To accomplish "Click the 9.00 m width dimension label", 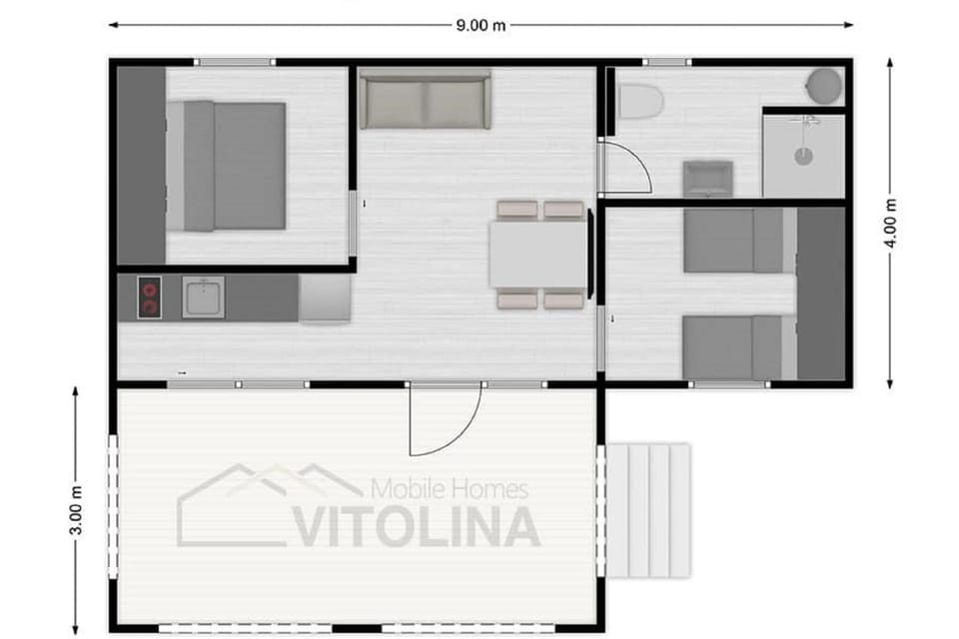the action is (480, 25).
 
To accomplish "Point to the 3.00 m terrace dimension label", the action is (75, 509).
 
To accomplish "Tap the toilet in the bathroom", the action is (640, 102).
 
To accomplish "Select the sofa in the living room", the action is (426, 99).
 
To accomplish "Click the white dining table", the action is (538, 254).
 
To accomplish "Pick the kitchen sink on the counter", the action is (203, 298).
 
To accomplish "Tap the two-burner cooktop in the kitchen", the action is (149, 298).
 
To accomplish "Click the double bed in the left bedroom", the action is (227, 166).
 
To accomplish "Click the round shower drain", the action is (803, 156).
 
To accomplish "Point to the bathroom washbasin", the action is (707, 179).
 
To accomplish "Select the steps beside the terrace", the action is (648, 510).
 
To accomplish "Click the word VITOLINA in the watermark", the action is (416, 526).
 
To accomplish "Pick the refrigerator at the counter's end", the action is (325, 298).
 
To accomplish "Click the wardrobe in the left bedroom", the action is (141, 165).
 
